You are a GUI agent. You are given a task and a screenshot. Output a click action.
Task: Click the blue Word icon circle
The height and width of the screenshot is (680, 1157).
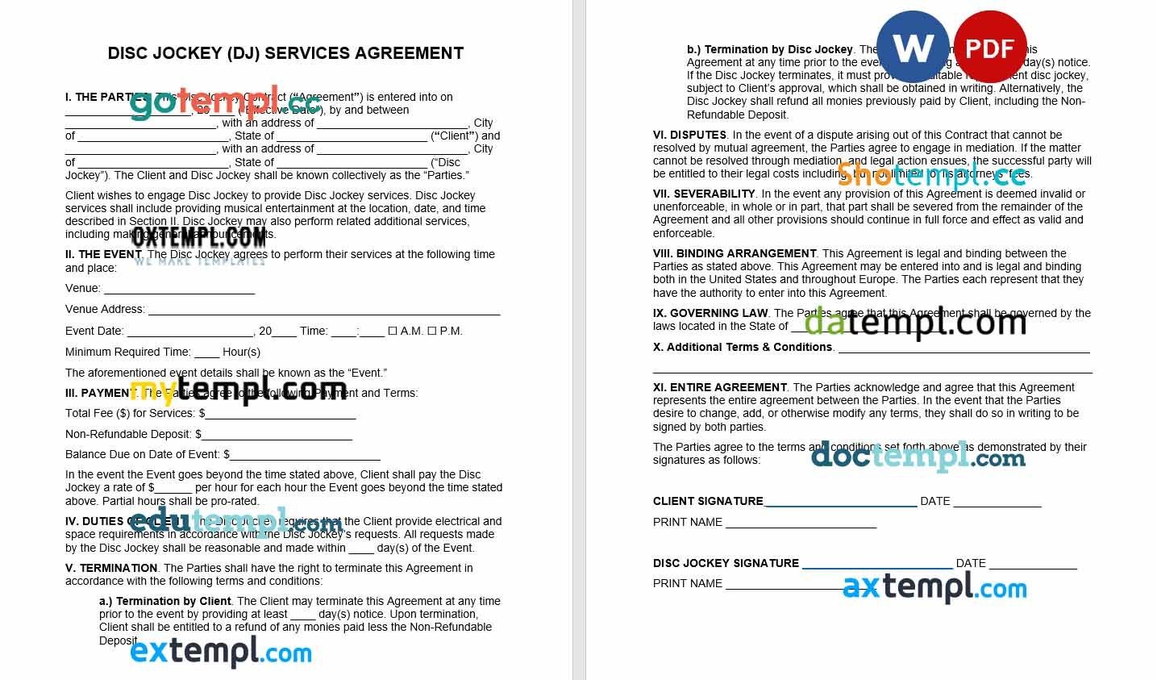coord(913,48)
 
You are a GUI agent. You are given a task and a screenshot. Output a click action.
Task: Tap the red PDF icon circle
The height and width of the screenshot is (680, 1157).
coord(989,48)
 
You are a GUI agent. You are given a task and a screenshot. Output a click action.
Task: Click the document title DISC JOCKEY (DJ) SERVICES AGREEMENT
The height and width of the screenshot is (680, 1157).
coord(285,53)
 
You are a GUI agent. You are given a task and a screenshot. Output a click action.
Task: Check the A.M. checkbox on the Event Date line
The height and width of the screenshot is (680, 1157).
coord(393,331)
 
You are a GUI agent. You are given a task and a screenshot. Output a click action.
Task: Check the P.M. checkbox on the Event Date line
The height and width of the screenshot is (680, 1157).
coord(431,331)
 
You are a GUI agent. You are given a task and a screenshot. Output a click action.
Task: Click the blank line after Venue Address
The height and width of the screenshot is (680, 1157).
coord(324,310)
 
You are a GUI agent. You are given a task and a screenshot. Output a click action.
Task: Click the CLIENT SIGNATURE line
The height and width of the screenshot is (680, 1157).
coord(839,503)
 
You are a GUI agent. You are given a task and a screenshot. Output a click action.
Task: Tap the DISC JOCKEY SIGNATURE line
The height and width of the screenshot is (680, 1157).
coord(876,565)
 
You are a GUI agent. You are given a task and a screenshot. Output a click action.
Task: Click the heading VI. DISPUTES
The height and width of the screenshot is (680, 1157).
coord(689,135)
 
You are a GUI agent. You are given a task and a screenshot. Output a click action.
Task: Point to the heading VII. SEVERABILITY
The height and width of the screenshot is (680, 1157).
coord(704,194)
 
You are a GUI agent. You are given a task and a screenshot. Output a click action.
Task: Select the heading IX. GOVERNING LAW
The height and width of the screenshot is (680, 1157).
coord(710,313)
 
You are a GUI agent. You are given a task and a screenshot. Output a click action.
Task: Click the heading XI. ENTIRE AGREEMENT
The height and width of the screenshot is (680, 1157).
coord(719,387)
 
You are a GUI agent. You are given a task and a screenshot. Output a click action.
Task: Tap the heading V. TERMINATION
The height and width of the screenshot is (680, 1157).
coord(111,568)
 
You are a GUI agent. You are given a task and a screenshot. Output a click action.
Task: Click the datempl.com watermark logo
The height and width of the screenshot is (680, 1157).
coord(915,322)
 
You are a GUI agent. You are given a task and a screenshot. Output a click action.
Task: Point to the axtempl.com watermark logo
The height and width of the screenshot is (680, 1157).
coord(934,587)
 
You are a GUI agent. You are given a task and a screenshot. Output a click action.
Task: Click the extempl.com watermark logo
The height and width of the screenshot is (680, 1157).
coord(221,652)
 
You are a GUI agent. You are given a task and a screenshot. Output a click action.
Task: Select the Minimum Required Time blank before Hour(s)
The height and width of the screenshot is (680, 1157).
coord(206,353)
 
